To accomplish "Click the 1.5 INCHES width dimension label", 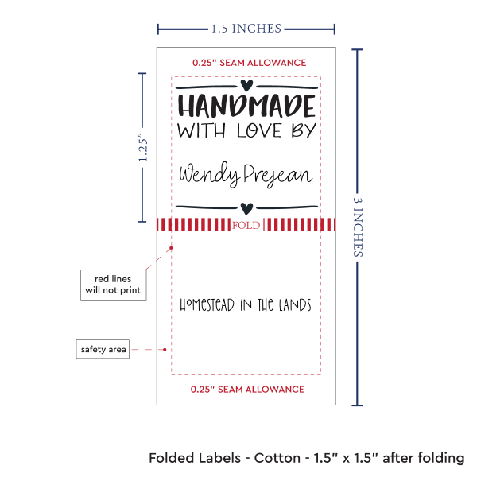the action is [x=246, y=29].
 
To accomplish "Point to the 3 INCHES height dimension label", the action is [x=358, y=227].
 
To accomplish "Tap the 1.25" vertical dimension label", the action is [x=142, y=147].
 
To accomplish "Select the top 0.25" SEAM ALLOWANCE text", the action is [x=249, y=63].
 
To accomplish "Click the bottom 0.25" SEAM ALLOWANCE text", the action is [x=247, y=389].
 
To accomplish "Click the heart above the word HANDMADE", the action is [x=246, y=85].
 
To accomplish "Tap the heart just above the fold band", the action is [x=246, y=208].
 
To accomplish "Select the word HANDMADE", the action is [x=246, y=106].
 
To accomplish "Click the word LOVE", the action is [x=259, y=131].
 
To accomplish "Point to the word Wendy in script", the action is [x=209, y=174].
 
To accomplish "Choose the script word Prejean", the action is [x=278, y=175].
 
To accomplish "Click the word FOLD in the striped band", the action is [x=246, y=225].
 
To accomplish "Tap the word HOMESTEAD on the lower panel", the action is [x=207, y=304].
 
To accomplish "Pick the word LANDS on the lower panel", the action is [x=295, y=304].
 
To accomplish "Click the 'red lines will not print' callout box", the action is [x=113, y=285].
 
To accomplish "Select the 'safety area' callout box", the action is [x=103, y=349].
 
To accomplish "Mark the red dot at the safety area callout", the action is [x=165, y=350].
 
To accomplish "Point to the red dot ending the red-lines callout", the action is [x=171, y=248].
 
